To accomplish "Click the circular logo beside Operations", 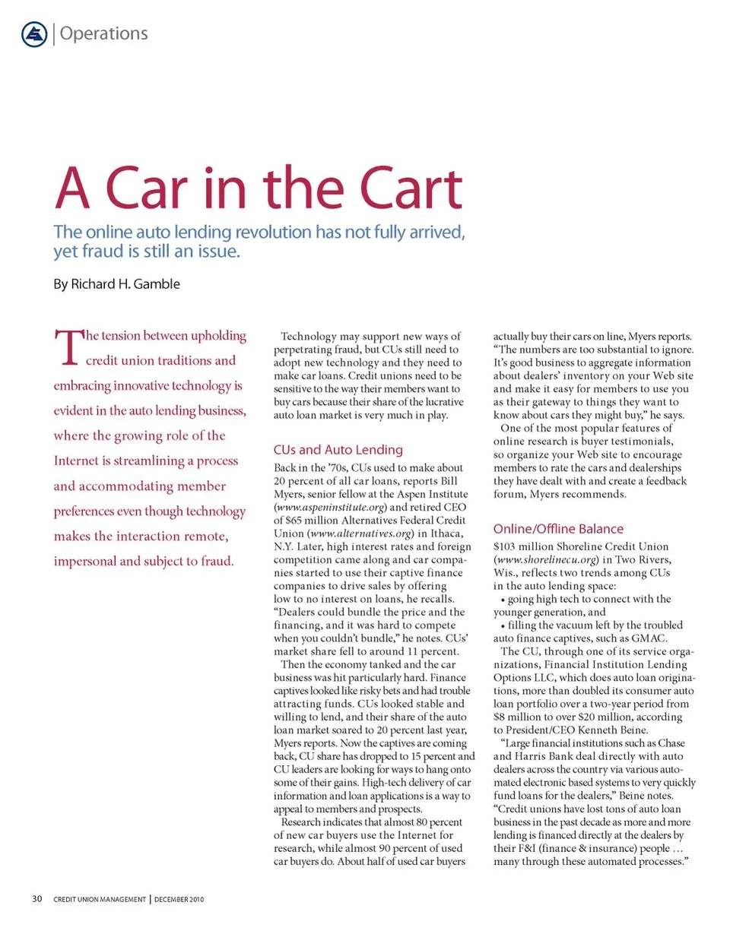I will pyautogui.click(x=35, y=33).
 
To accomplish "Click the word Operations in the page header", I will pyautogui.click(x=103, y=33).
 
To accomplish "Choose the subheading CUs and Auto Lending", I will pyautogui.click(x=338, y=449).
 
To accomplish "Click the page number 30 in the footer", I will pyautogui.click(x=36, y=900).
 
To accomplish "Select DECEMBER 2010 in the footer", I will pyautogui.click(x=179, y=901).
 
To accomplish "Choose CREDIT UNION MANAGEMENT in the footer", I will pyautogui.click(x=99, y=901).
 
